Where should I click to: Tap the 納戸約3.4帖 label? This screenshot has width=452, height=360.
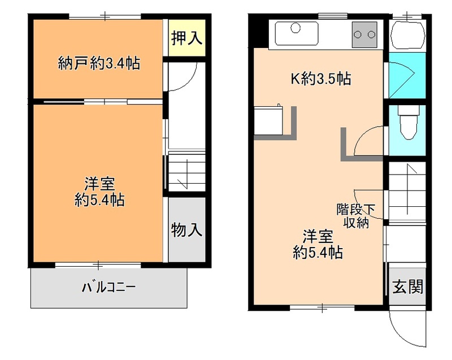pos(99,63)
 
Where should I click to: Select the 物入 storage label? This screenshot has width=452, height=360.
pos(186,229)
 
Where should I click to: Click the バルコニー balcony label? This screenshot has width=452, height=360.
pos(108,287)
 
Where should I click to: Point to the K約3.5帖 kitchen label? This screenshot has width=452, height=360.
pos(320,78)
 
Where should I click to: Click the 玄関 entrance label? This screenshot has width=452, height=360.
pos(407,287)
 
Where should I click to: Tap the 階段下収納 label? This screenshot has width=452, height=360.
pos(356,216)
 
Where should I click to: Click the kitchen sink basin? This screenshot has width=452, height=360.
pos(297,33)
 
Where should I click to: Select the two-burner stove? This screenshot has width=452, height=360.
pos(364,34)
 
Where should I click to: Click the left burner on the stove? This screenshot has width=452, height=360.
pos(358,35)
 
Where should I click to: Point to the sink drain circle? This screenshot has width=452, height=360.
pos(295,28)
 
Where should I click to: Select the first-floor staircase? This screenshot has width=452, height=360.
pos(407,192)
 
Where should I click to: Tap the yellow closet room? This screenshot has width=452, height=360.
pos(187,37)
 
